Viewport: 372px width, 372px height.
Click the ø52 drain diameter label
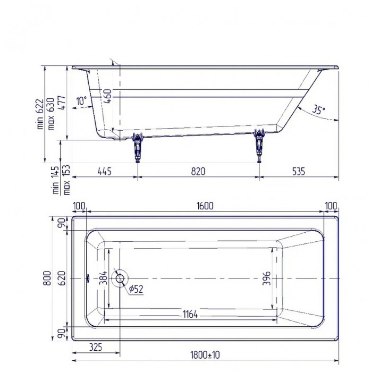tap(137, 289)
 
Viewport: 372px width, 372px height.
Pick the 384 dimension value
tap(104, 278)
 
